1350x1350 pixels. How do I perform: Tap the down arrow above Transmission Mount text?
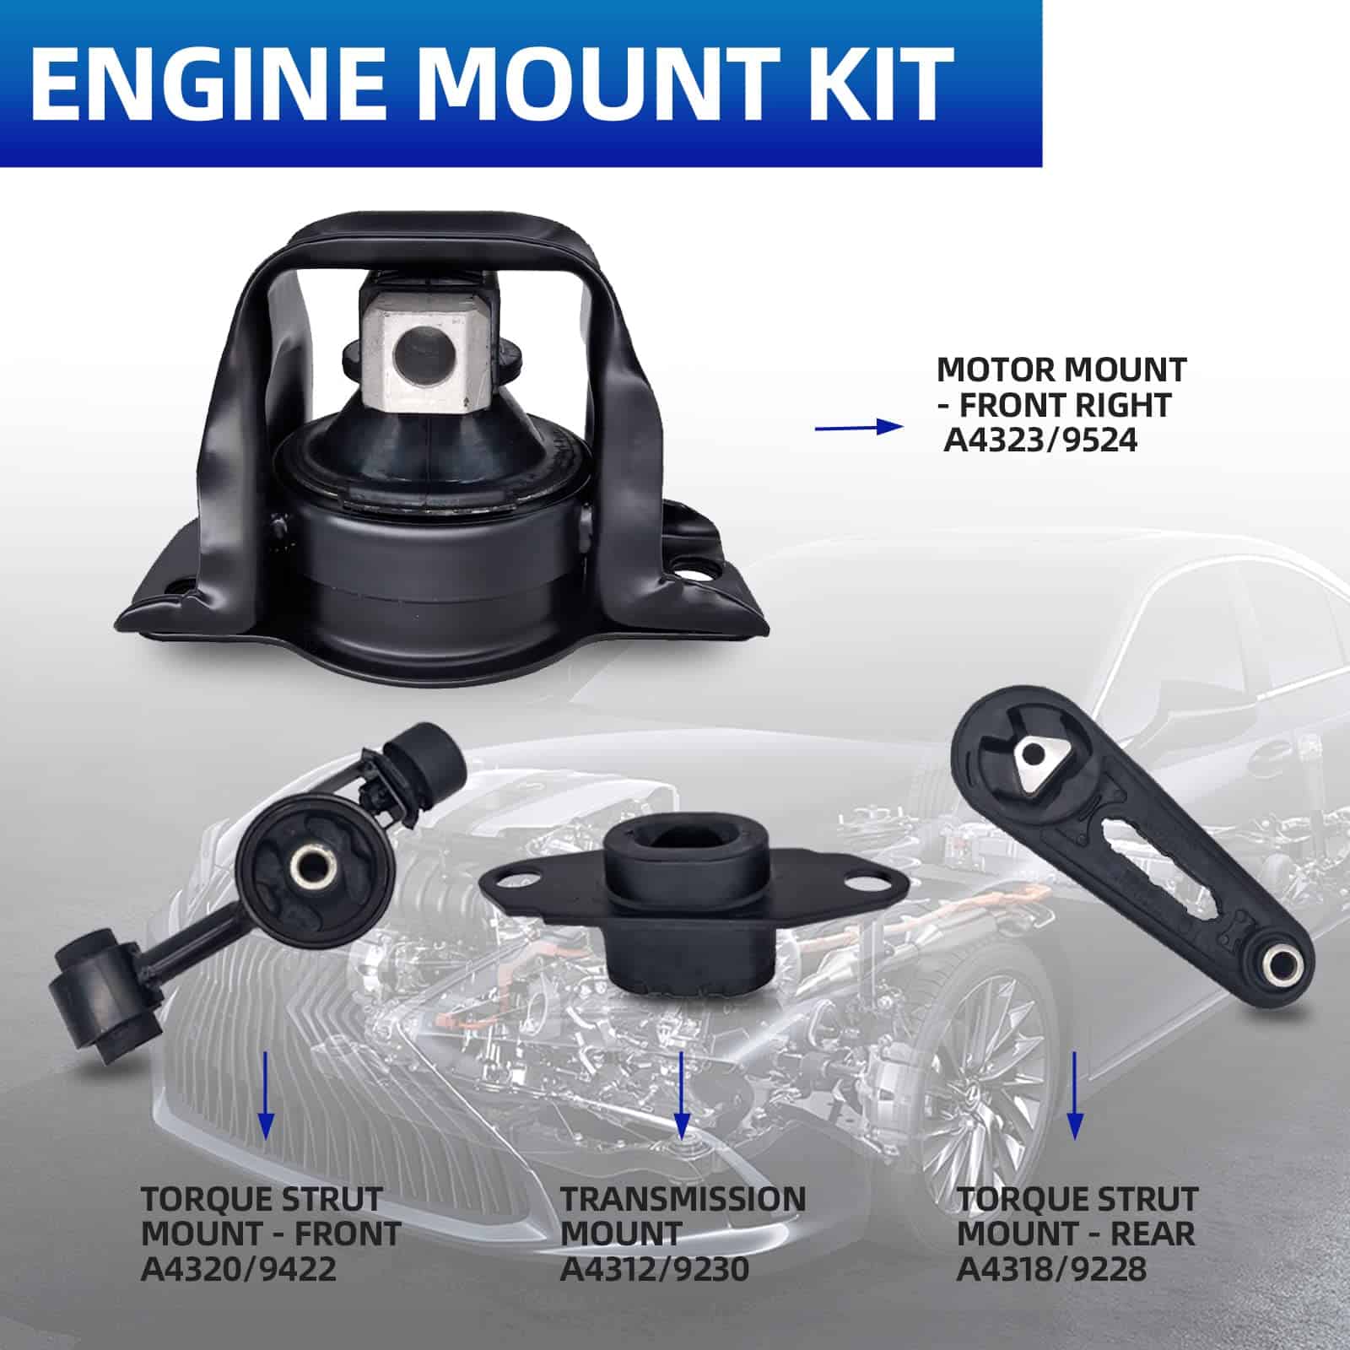(682, 1093)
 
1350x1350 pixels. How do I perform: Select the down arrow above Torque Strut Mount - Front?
(266, 1093)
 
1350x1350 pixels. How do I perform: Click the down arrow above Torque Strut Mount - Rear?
(1074, 1093)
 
